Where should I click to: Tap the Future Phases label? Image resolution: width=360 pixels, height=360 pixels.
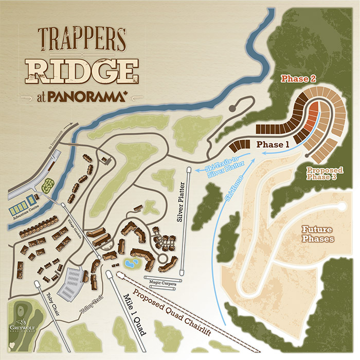pyautogui.click(x=317, y=234)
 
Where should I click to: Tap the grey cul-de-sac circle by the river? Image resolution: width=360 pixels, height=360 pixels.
pyautogui.click(x=233, y=109)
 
